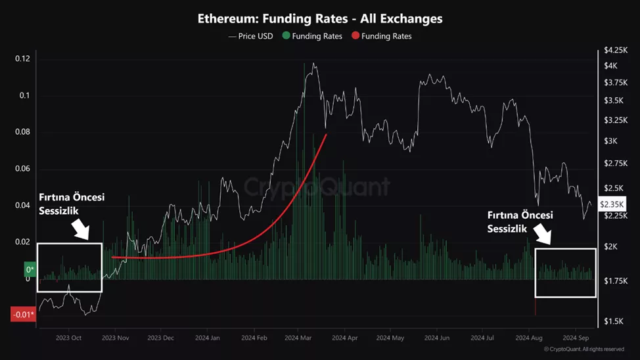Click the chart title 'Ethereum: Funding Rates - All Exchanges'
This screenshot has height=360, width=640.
320,18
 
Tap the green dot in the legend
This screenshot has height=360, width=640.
286,36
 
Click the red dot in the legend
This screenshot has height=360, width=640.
355,36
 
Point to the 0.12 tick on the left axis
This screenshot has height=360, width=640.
23,59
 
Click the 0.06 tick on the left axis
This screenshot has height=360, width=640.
23,169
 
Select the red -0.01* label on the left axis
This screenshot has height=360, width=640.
22,315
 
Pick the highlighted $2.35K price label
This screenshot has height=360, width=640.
612,205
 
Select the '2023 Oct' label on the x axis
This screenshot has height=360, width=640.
68,338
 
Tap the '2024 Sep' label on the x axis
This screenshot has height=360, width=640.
576,338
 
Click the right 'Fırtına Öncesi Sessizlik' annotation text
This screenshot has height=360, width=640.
520,222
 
